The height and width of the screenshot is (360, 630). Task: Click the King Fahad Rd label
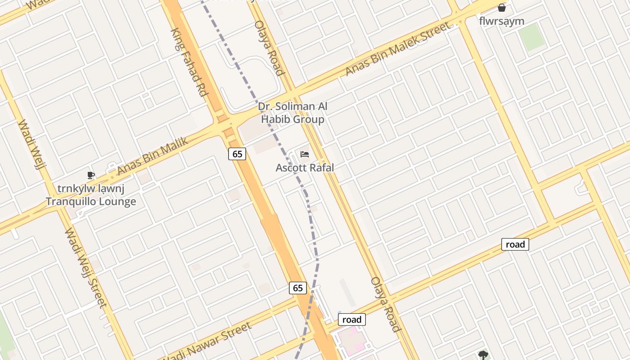point(189,62)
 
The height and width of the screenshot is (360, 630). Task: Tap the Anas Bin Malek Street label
point(397,49)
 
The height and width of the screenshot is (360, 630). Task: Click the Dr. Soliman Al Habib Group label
point(292,113)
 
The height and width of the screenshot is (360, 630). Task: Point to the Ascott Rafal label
point(305,167)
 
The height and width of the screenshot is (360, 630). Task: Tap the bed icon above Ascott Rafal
point(305,155)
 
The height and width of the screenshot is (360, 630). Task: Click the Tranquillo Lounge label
point(91,201)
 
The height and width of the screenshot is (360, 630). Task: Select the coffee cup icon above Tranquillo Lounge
point(91,175)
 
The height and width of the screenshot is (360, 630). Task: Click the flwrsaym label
point(502,21)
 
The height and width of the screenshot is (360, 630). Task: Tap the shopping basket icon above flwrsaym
point(502,8)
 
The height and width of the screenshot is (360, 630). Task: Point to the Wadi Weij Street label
point(85,268)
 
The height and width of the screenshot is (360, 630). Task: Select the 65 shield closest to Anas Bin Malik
point(237,154)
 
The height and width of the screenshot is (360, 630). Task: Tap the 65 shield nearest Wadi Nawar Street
point(297,288)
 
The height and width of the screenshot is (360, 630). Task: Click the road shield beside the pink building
point(351,319)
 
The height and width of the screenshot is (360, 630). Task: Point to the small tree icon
point(483,355)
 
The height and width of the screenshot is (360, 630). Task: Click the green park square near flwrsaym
point(531,37)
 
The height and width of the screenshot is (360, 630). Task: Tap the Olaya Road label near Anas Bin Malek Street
point(270,48)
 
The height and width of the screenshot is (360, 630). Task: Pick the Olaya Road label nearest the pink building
point(386,304)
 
